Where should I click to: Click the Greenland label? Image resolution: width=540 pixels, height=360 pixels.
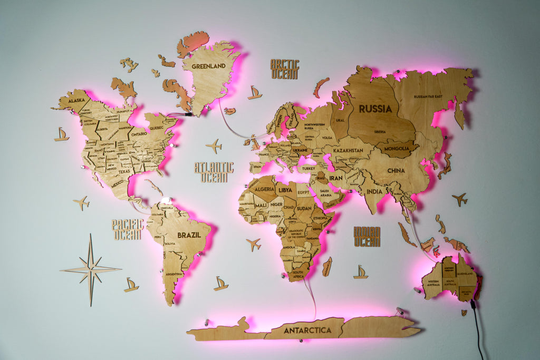click(208, 66)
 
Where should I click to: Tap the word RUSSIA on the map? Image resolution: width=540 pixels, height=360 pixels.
click(375, 109)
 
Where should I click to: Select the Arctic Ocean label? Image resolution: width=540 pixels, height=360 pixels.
click(285, 69)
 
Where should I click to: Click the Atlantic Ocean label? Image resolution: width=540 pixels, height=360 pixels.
click(214, 172)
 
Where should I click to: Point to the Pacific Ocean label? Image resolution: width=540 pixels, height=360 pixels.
click(128, 230)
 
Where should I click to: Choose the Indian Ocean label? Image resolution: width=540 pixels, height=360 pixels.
click(367, 237)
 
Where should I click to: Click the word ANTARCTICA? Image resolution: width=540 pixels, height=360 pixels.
click(307, 330)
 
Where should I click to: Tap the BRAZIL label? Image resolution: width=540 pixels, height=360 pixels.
click(189, 235)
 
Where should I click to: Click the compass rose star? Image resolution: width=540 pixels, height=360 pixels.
click(91, 269)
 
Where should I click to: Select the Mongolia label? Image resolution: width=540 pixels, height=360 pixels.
click(397, 149)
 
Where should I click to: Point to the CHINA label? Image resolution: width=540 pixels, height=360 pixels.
click(396, 171)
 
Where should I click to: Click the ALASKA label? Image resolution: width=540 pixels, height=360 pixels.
click(76, 100)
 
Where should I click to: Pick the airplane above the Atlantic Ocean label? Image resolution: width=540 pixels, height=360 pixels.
click(214, 145)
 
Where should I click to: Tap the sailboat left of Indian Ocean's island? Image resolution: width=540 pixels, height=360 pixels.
click(361, 272)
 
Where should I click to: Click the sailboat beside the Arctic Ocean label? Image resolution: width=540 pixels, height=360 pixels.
click(255, 93)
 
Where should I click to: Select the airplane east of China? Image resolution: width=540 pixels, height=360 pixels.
click(459, 199)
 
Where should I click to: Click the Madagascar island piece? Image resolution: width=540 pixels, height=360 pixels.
click(327, 266)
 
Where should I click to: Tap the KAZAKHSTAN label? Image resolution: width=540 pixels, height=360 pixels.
click(348, 150)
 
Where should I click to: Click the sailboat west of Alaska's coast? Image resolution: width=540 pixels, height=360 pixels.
click(61, 135)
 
